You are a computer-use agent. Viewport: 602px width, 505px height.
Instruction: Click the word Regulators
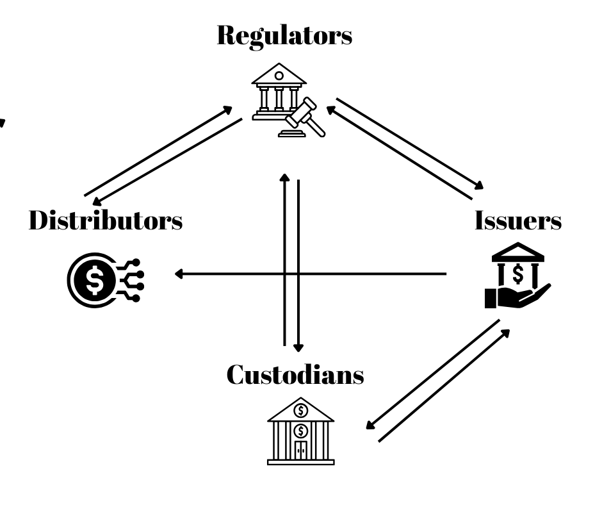284,35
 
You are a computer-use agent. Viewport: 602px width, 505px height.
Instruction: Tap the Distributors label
106,220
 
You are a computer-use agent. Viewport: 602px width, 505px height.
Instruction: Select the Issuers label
518,220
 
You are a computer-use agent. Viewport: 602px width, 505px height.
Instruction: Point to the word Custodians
295,374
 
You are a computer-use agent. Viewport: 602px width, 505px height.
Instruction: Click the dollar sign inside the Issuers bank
518,272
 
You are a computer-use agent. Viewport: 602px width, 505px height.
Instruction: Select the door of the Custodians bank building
300,449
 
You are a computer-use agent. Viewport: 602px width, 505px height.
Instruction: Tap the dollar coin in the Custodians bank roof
300,410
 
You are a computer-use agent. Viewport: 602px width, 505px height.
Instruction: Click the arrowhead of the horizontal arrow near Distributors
179,274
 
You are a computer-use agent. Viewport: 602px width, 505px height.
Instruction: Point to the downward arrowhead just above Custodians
298,347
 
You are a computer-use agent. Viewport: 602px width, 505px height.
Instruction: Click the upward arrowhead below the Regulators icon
285,176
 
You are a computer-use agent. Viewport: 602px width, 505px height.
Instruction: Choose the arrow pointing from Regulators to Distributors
167,160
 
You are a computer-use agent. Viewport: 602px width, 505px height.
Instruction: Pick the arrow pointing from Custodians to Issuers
445,385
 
